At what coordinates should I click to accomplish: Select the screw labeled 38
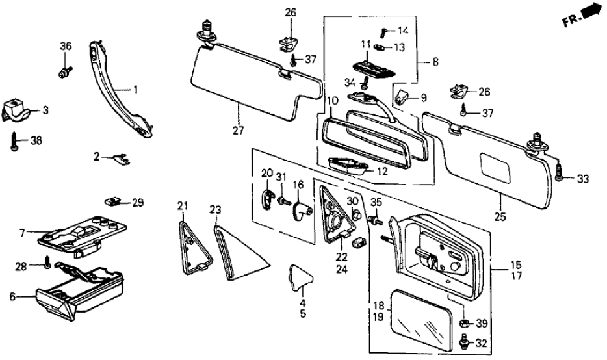[14, 141]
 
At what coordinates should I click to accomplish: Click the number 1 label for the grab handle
[136, 90]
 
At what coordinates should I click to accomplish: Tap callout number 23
[215, 209]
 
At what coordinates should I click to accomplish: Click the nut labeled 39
[463, 323]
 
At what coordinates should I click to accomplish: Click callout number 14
[404, 31]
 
